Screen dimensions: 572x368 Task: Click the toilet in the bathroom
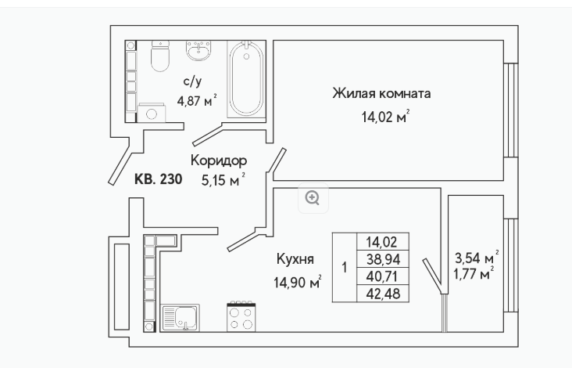coord(160,56)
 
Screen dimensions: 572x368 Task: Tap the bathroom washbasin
coord(198,50)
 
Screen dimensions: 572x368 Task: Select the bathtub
coord(246,79)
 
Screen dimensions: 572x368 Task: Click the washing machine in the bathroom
coord(152,113)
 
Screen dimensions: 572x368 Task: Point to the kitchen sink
coord(180,318)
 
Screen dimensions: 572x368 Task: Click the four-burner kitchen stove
coord(241,316)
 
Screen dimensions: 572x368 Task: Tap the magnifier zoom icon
coord(313,198)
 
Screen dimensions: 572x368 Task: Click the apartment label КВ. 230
coord(159,179)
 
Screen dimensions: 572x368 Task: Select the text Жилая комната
coord(381,93)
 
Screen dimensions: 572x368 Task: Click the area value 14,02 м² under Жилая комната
coord(385,117)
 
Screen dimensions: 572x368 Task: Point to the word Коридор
coord(219,161)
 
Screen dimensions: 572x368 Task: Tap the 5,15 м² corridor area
coord(223,180)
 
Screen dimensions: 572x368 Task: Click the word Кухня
coord(295,259)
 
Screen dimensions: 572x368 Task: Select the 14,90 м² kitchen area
coord(297,282)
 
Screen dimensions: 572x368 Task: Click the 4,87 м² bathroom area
coord(197,100)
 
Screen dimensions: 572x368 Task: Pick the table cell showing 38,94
coord(383,259)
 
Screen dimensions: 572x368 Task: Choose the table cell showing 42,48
coord(383,294)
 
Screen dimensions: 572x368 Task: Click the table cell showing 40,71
coord(383,276)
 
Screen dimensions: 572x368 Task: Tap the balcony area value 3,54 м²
coord(477,258)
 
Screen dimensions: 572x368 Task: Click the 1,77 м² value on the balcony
coord(474,273)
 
